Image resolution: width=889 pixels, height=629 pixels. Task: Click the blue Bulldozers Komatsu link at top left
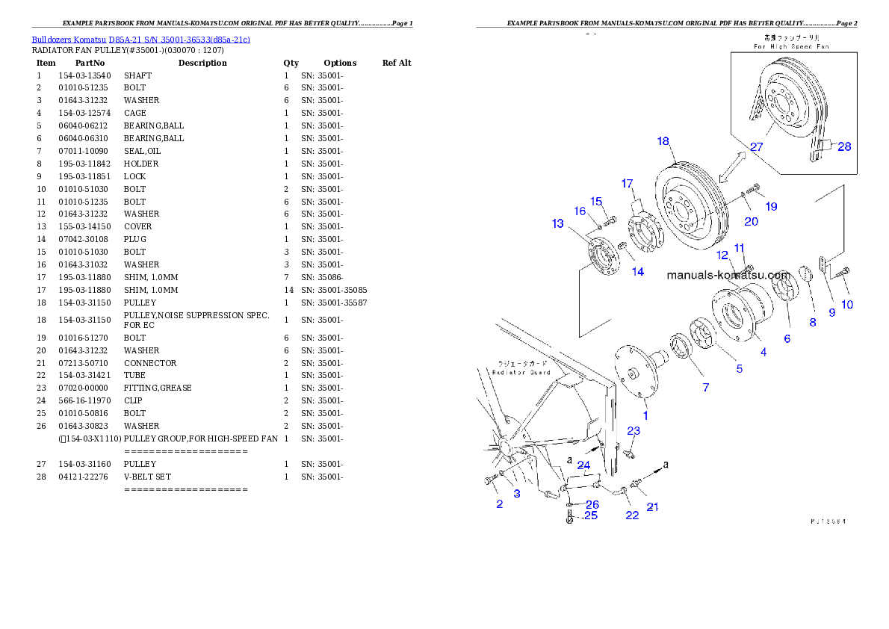(140, 39)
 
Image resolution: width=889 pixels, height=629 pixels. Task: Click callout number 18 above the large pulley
(663, 141)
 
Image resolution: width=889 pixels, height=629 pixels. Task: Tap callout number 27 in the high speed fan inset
(756, 147)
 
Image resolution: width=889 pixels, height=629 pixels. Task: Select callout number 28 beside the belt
(843, 146)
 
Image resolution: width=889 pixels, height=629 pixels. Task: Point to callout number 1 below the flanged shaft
(645, 415)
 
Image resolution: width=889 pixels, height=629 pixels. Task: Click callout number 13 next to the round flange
(558, 223)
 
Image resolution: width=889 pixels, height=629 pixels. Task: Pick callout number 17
(627, 183)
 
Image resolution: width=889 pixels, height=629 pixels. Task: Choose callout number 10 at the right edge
(846, 304)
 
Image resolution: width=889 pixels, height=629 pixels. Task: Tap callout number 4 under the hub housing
(763, 352)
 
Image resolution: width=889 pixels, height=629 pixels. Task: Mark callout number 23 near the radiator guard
(634, 431)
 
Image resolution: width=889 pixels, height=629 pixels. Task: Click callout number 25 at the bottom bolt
(591, 515)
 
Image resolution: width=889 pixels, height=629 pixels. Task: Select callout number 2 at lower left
(499, 504)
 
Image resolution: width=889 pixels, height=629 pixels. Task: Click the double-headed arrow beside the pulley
(733, 165)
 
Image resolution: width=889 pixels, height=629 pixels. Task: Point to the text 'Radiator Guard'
(521, 372)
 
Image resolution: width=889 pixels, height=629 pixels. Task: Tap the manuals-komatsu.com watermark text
(728, 275)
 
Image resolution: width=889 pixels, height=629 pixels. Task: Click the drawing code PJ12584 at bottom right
(828, 521)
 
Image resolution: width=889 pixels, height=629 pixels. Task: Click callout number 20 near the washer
(751, 221)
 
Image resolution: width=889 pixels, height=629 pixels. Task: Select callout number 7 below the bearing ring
(705, 387)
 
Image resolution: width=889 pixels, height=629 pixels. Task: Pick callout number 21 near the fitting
(652, 507)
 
